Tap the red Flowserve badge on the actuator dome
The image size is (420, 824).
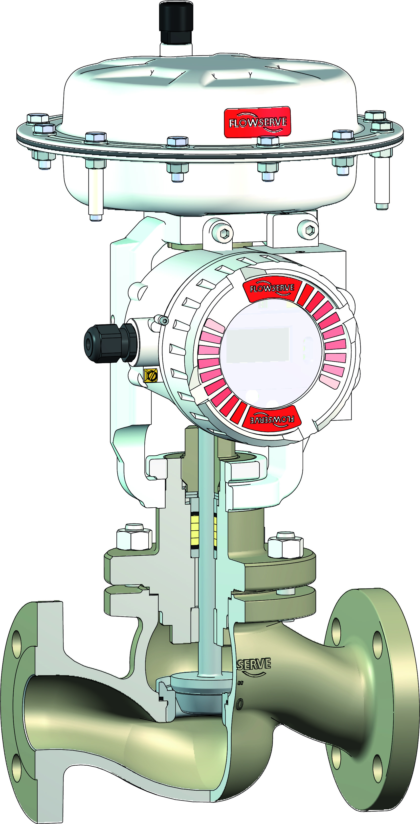point(257,122)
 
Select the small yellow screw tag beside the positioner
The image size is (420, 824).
point(151,375)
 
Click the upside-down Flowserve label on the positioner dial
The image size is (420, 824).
point(272,419)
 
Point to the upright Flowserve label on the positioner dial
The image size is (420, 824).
point(272,288)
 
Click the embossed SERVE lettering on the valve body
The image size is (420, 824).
point(254,664)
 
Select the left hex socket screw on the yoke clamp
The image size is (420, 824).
point(225,234)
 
